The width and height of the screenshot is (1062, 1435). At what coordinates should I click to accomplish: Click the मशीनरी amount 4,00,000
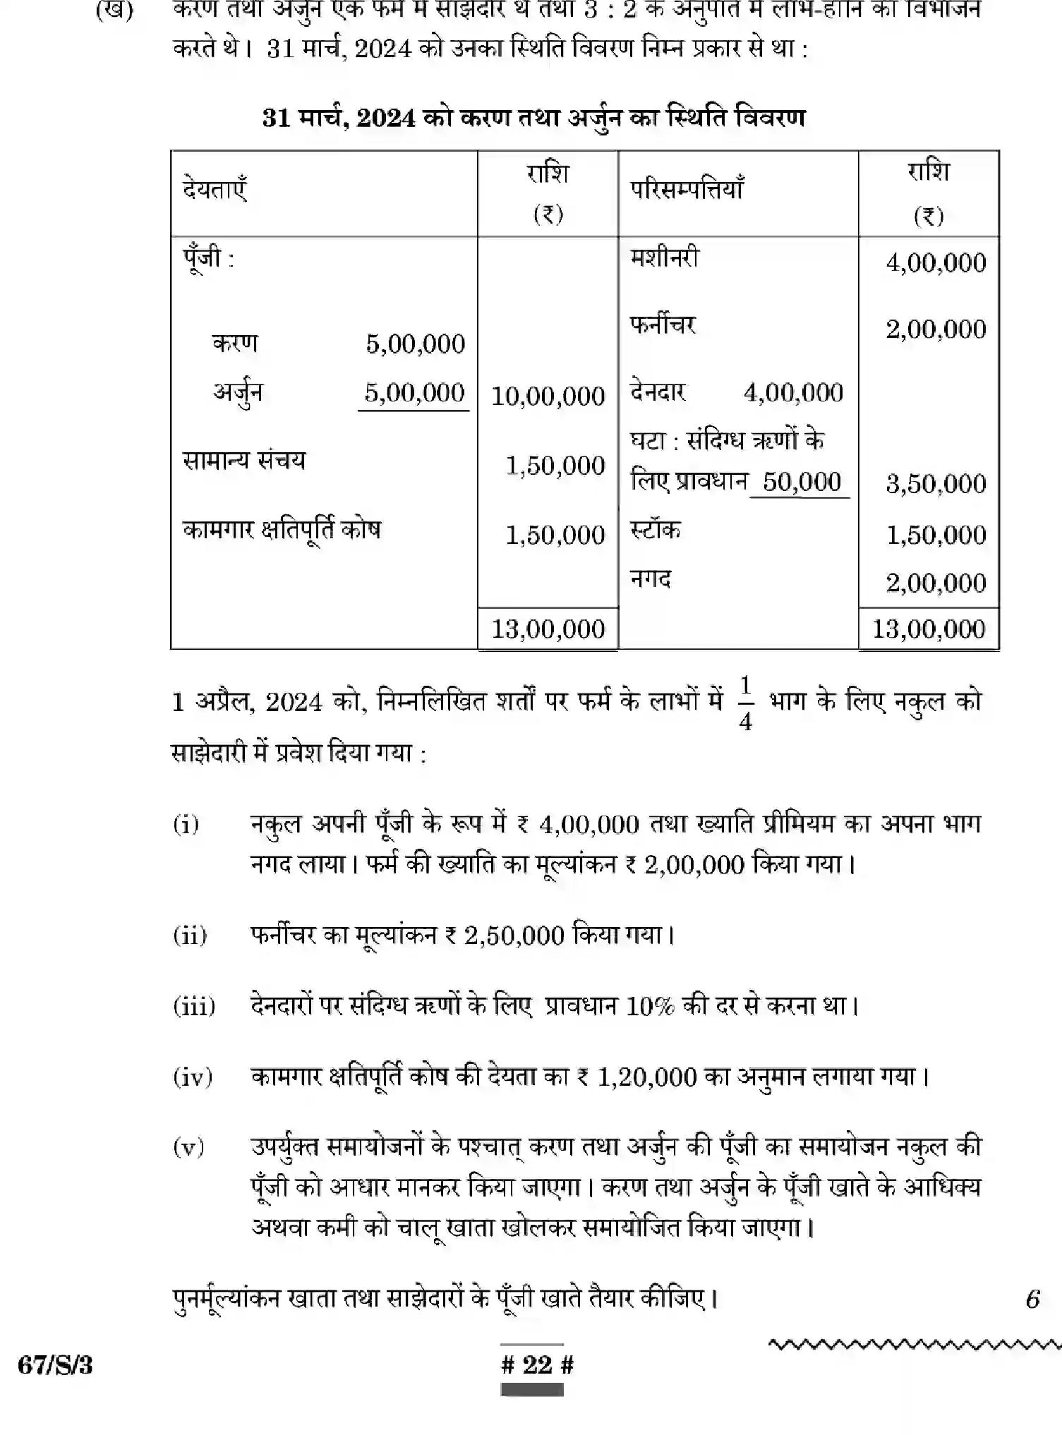936,263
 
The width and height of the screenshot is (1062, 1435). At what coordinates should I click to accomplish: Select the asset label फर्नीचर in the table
663,325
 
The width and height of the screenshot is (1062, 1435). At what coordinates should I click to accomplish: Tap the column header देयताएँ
215,190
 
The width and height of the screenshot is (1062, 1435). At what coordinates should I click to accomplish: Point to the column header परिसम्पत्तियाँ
687,190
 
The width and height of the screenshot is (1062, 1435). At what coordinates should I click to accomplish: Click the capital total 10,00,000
548,396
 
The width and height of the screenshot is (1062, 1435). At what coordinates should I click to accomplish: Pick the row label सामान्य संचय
244,460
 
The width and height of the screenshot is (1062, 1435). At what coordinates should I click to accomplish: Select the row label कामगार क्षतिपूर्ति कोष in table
282,529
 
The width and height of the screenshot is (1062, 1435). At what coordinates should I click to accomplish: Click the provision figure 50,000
802,482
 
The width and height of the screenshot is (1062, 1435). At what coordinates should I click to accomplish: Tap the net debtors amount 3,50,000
936,484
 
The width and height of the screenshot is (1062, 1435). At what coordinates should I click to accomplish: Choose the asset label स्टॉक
655,530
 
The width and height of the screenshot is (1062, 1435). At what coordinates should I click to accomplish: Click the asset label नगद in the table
650,579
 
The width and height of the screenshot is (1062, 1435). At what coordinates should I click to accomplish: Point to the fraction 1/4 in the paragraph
746,703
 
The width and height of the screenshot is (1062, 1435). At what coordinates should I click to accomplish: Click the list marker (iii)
194,1005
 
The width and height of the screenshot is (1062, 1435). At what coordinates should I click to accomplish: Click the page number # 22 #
537,1364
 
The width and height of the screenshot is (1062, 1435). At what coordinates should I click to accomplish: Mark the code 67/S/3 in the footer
55,1365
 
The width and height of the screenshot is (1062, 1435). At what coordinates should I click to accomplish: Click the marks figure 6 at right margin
1032,1298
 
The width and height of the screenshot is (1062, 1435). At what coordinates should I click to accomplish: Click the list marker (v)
188,1146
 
